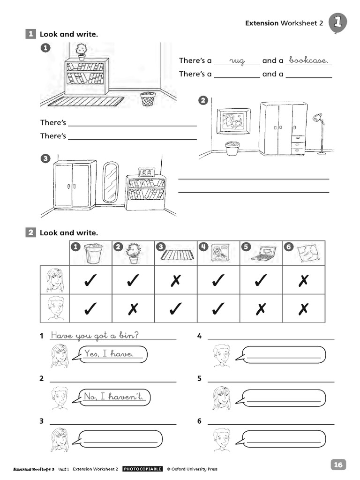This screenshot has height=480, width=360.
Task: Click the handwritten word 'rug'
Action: pyautogui.click(x=238, y=61)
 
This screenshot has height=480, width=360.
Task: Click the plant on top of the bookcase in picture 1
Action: pyautogui.click(x=82, y=51)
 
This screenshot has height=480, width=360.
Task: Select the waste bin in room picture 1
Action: pyautogui.click(x=148, y=99)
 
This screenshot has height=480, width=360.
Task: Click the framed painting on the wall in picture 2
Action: pyautogui.click(x=233, y=121)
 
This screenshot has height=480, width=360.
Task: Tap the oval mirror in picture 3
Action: pyautogui.click(x=111, y=182)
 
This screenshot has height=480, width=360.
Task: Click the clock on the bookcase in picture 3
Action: pyautogui.click(x=146, y=172)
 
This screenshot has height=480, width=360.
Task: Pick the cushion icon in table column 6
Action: pyautogui.click(x=307, y=254)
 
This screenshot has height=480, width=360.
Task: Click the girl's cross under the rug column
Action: pyautogui.click(x=176, y=280)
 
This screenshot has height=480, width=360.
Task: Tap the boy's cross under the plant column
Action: pyautogui.click(x=133, y=308)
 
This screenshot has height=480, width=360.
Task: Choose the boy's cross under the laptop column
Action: pyautogui.click(x=261, y=308)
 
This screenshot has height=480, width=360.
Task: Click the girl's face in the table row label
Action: pyautogui.click(x=55, y=280)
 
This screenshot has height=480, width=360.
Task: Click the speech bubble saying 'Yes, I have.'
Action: pyautogui.click(x=111, y=354)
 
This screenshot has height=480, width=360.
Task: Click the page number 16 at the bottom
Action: pyautogui.click(x=338, y=465)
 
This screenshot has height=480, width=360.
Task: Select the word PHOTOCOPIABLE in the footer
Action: pyautogui.click(x=142, y=469)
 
